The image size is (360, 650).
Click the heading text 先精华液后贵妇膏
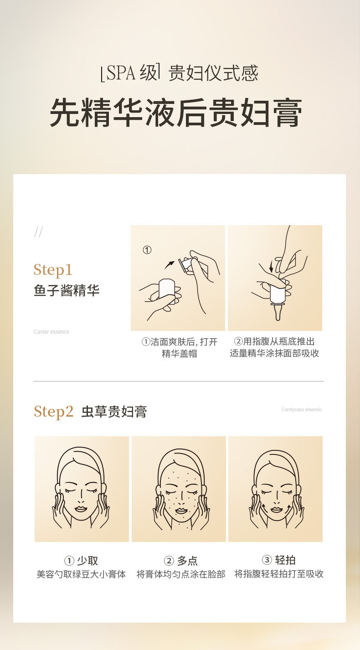click(176, 113)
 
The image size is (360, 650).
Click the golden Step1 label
click(53, 270)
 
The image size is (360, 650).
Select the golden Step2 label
click(53, 412)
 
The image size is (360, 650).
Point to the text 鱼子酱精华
click(67, 290)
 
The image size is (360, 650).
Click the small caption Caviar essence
click(51, 332)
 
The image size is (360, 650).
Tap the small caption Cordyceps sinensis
click(302, 409)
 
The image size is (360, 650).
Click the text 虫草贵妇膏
click(114, 412)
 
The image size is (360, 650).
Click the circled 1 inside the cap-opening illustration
click(147, 250)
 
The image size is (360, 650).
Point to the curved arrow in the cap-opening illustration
click(170, 264)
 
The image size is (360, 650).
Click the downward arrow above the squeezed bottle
click(271, 267)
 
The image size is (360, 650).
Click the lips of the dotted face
click(180, 511)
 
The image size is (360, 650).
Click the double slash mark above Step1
click(38, 232)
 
